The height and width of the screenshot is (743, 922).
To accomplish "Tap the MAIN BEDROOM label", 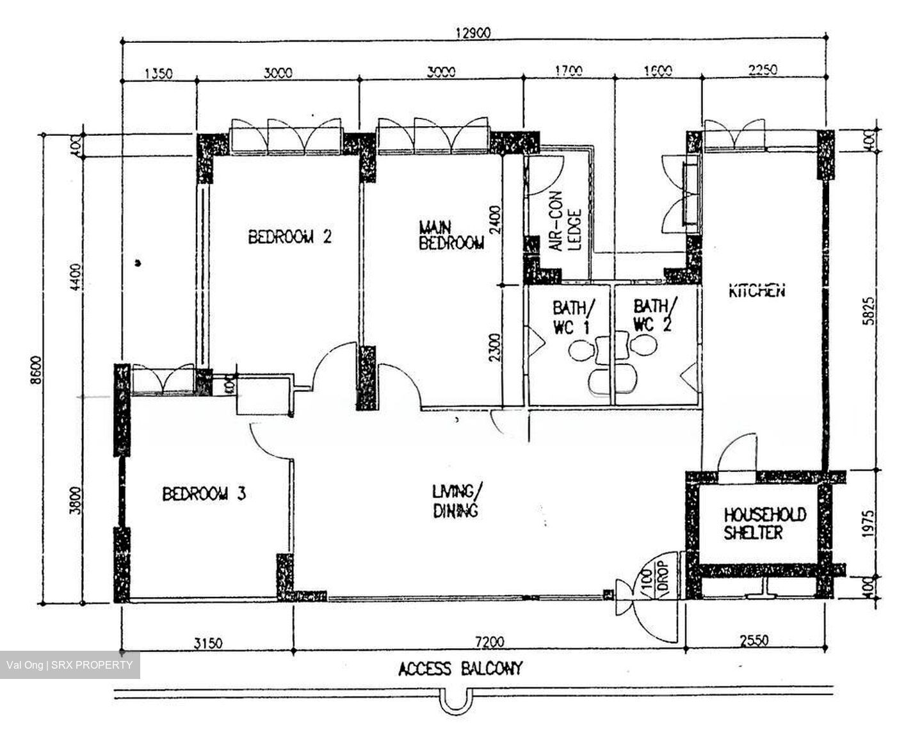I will [x=451, y=236].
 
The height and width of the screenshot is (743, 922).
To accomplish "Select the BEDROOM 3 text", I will [x=204, y=494].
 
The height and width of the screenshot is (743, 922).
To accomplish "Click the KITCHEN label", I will [x=757, y=291].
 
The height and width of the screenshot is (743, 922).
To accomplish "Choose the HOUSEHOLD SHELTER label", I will [x=764, y=523].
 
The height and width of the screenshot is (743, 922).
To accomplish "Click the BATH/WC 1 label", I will [x=573, y=316].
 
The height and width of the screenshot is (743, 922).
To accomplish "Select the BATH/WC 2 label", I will [x=654, y=314].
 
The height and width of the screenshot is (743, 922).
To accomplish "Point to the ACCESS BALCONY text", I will [x=460, y=669].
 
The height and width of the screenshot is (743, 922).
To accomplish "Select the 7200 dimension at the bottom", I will [x=490, y=641].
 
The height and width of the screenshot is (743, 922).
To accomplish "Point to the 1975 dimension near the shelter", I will [x=866, y=523].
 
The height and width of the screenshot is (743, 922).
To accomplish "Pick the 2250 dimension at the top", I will [x=761, y=70].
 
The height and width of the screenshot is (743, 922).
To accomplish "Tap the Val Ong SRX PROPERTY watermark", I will [x=70, y=665].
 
